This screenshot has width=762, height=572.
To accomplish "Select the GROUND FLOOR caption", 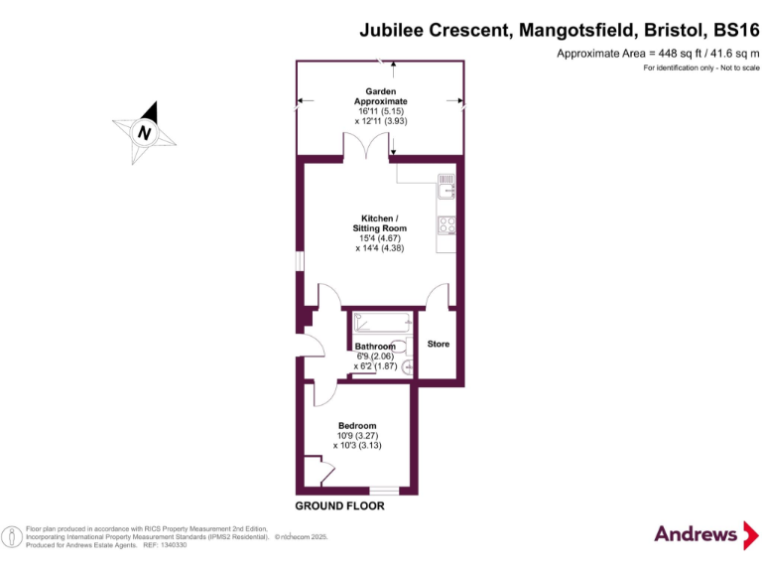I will pyautogui.click(x=339, y=506).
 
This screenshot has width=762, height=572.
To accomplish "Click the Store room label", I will pyautogui.click(x=438, y=345).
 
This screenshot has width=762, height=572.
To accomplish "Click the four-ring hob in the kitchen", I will pyautogui.click(x=445, y=225).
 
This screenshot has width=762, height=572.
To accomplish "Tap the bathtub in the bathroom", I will pyautogui.click(x=382, y=324).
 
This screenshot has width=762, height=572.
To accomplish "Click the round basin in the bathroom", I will pyautogui.click(x=407, y=366).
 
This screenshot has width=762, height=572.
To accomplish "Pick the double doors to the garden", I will pyautogui.click(x=367, y=147).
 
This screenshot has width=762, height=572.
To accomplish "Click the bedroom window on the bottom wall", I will pyautogui.click(x=383, y=491).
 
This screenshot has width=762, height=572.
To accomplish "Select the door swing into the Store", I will pyautogui.click(x=437, y=295).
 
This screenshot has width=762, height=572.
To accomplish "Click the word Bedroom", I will pyautogui.click(x=357, y=426).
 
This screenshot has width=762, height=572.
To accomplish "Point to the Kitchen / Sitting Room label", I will pyautogui.click(x=380, y=223).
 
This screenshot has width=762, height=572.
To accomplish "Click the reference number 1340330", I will pyautogui.click(x=173, y=545).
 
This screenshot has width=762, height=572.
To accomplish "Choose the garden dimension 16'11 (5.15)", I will pyautogui.click(x=380, y=111).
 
